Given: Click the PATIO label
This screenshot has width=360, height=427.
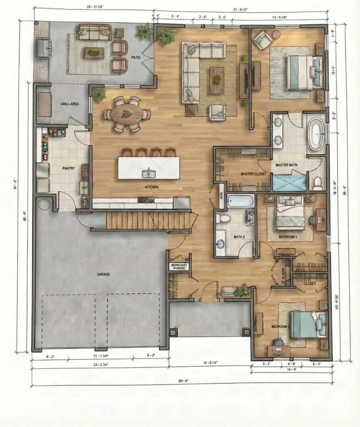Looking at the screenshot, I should pos(136,57).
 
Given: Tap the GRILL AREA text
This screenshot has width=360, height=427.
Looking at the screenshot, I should pos(70,104).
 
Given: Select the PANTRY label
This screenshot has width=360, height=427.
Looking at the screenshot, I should pos(68,168).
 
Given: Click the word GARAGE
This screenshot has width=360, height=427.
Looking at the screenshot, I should pos(103,274).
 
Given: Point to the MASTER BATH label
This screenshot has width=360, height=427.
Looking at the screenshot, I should pos(287,165).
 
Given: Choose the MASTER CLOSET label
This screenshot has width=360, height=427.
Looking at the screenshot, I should pos(254,173).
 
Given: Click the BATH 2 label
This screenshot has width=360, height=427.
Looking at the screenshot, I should pos(239,237).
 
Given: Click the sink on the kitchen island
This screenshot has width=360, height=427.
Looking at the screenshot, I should pos(148,173).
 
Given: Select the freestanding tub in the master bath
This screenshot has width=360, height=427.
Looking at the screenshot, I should pos(316,133).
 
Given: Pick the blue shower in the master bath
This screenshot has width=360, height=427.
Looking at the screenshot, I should pos(290,183).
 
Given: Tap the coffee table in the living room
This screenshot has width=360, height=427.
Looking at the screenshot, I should pos(217,80).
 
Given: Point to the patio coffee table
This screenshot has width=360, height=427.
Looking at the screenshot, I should pos(94,53).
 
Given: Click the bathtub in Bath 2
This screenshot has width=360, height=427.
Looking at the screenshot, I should pos(241,201).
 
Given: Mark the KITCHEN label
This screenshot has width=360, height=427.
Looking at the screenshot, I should pos(151,187).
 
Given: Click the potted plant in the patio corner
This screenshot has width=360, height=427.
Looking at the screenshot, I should pos(145,31).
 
